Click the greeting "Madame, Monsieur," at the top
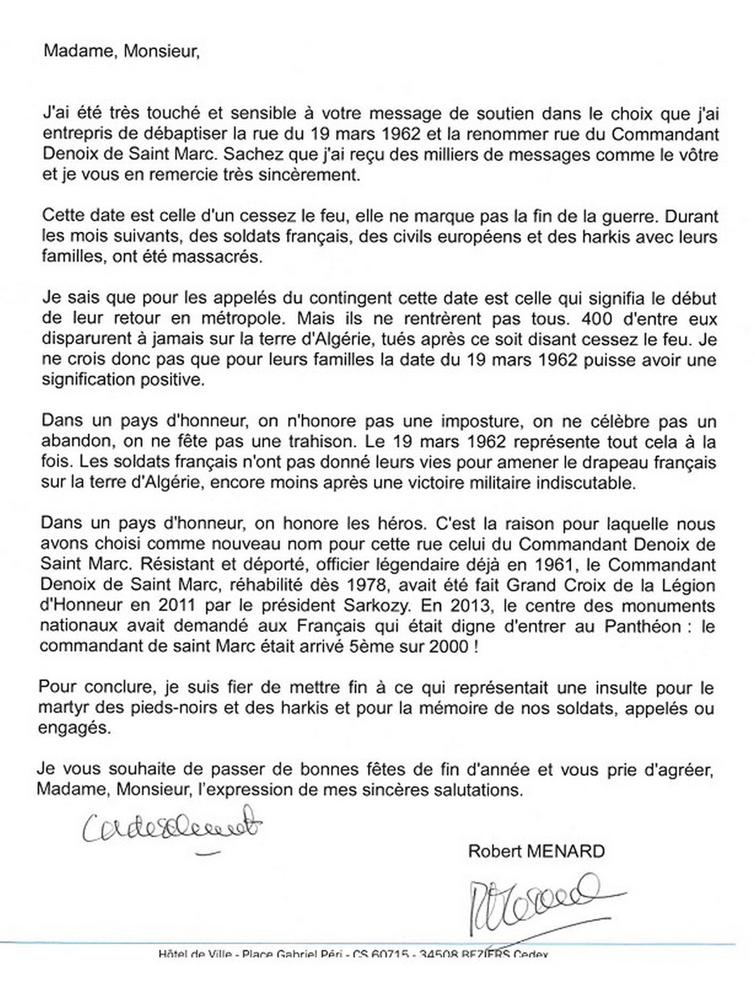pos(121,52)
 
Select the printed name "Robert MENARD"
pos(536,851)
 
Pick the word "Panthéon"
pos(642,626)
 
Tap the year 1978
pos(374,585)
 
